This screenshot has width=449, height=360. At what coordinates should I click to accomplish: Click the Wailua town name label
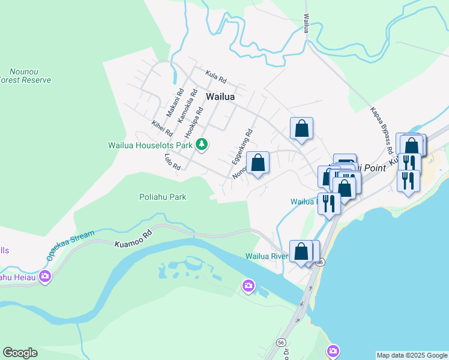220,96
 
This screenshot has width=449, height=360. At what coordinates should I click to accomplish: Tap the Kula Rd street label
215,77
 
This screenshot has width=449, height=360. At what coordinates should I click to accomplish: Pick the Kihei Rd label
162,128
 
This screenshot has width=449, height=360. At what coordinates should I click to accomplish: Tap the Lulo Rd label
172,161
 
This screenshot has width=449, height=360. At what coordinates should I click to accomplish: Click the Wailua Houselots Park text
150,145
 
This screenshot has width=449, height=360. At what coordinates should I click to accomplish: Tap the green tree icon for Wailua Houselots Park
203,145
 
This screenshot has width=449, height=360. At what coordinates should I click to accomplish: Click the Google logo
20,353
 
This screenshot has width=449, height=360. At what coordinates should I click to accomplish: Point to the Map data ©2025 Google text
412,355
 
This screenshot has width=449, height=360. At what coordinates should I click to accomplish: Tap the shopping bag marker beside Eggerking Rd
258,163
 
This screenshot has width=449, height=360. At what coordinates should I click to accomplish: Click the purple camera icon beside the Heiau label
45,277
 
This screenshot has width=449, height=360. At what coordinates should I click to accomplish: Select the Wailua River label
267,256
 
